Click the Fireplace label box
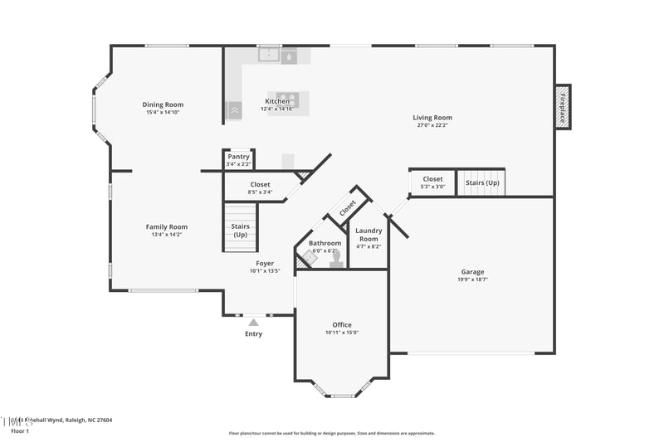click(562, 107)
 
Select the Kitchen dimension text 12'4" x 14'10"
click(277, 109)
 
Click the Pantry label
click(238, 156)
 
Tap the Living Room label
click(432, 118)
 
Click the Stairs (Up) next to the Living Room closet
click(482, 182)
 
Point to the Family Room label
click(167, 227)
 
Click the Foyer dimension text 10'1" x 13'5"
click(265, 271)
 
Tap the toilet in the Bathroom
click(336, 260)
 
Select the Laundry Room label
click(368, 235)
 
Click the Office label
click(342, 325)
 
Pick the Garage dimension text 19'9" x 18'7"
click(472, 280)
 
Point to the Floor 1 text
click(19, 431)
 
